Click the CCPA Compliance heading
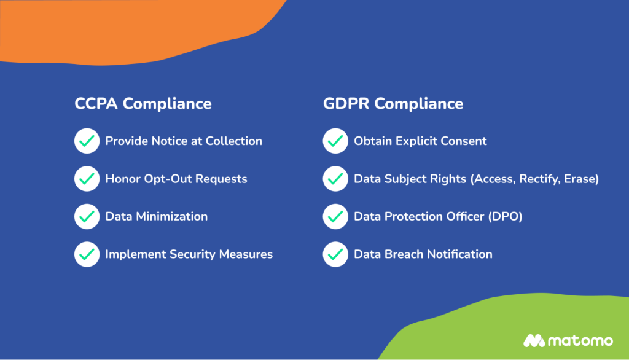click(143, 103)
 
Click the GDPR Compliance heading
click(393, 103)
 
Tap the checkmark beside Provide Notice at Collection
click(87, 141)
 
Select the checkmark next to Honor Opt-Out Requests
click(87, 179)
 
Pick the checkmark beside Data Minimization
click(87, 217)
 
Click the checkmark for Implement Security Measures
click(87, 254)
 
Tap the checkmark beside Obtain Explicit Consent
click(335, 141)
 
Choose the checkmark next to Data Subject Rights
click(335, 179)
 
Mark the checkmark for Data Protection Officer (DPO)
click(335, 217)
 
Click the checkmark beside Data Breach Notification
click(335, 254)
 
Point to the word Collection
click(233, 141)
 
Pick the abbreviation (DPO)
click(504, 217)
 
